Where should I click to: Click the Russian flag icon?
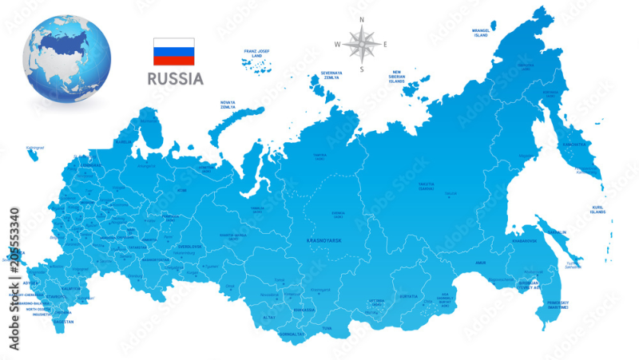tap(174, 51)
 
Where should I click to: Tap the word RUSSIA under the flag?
tap(174, 79)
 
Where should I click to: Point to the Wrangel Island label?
tap(481, 34)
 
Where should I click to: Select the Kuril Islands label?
tap(597, 210)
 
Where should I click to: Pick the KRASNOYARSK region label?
tap(324, 239)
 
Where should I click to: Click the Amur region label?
tap(479, 261)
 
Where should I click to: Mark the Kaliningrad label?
tap(35, 148)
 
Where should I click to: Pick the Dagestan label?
tap(64, 322)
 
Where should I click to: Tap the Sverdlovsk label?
tap(189, 247)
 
